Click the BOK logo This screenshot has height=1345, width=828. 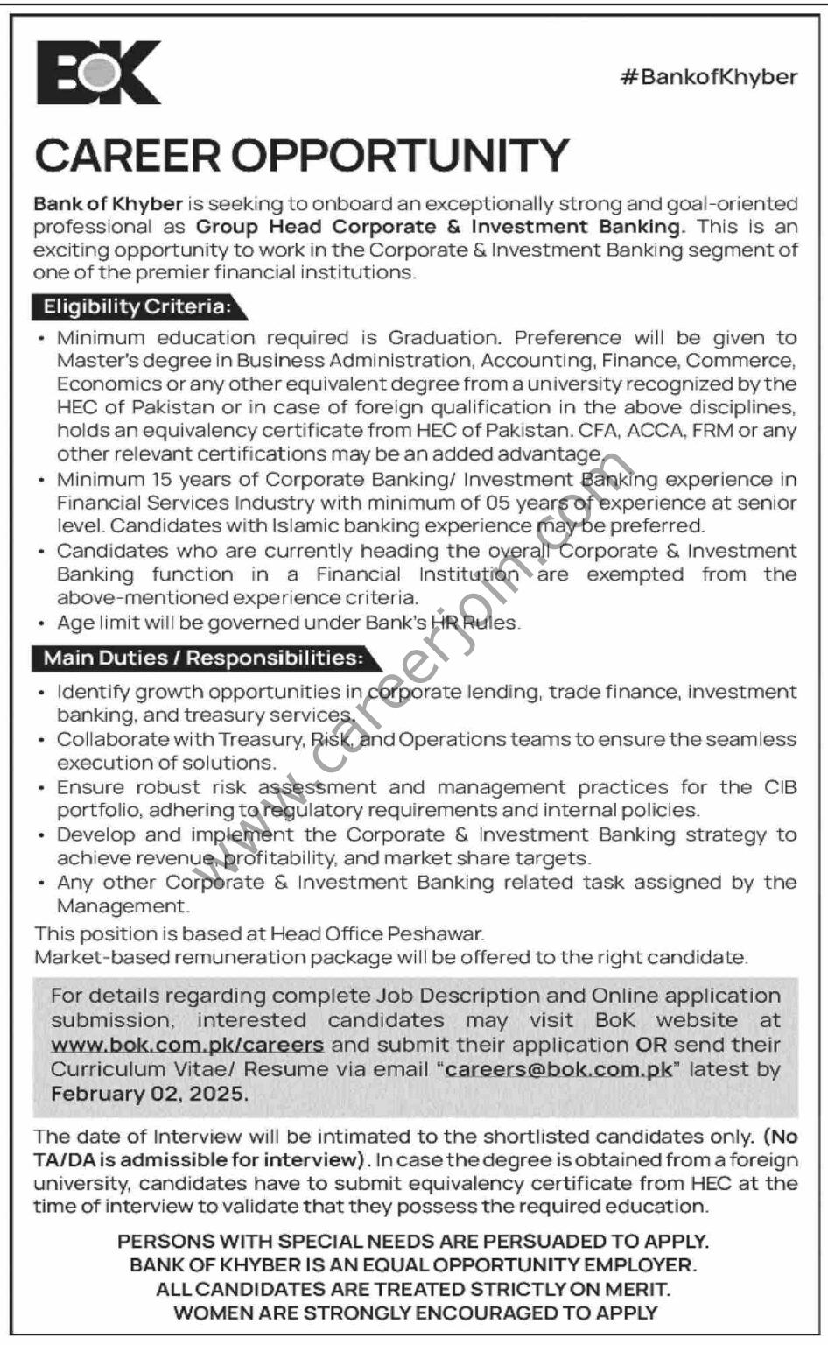click(x=98, y=74)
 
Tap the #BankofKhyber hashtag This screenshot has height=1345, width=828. click(x=708, y=77)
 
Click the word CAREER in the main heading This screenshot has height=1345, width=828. click(x=129, y=156)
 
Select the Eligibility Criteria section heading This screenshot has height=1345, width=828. click(x=137, y=306)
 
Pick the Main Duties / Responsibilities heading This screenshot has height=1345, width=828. click(x=202, y=657)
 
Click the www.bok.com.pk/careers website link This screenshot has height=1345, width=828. click(x=187, y=1045)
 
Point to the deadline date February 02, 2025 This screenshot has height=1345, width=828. click(x=150, y=1094)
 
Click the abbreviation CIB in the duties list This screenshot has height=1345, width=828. click(x=779, y=787)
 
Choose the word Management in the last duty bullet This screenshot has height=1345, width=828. click(x=122, y=906)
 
